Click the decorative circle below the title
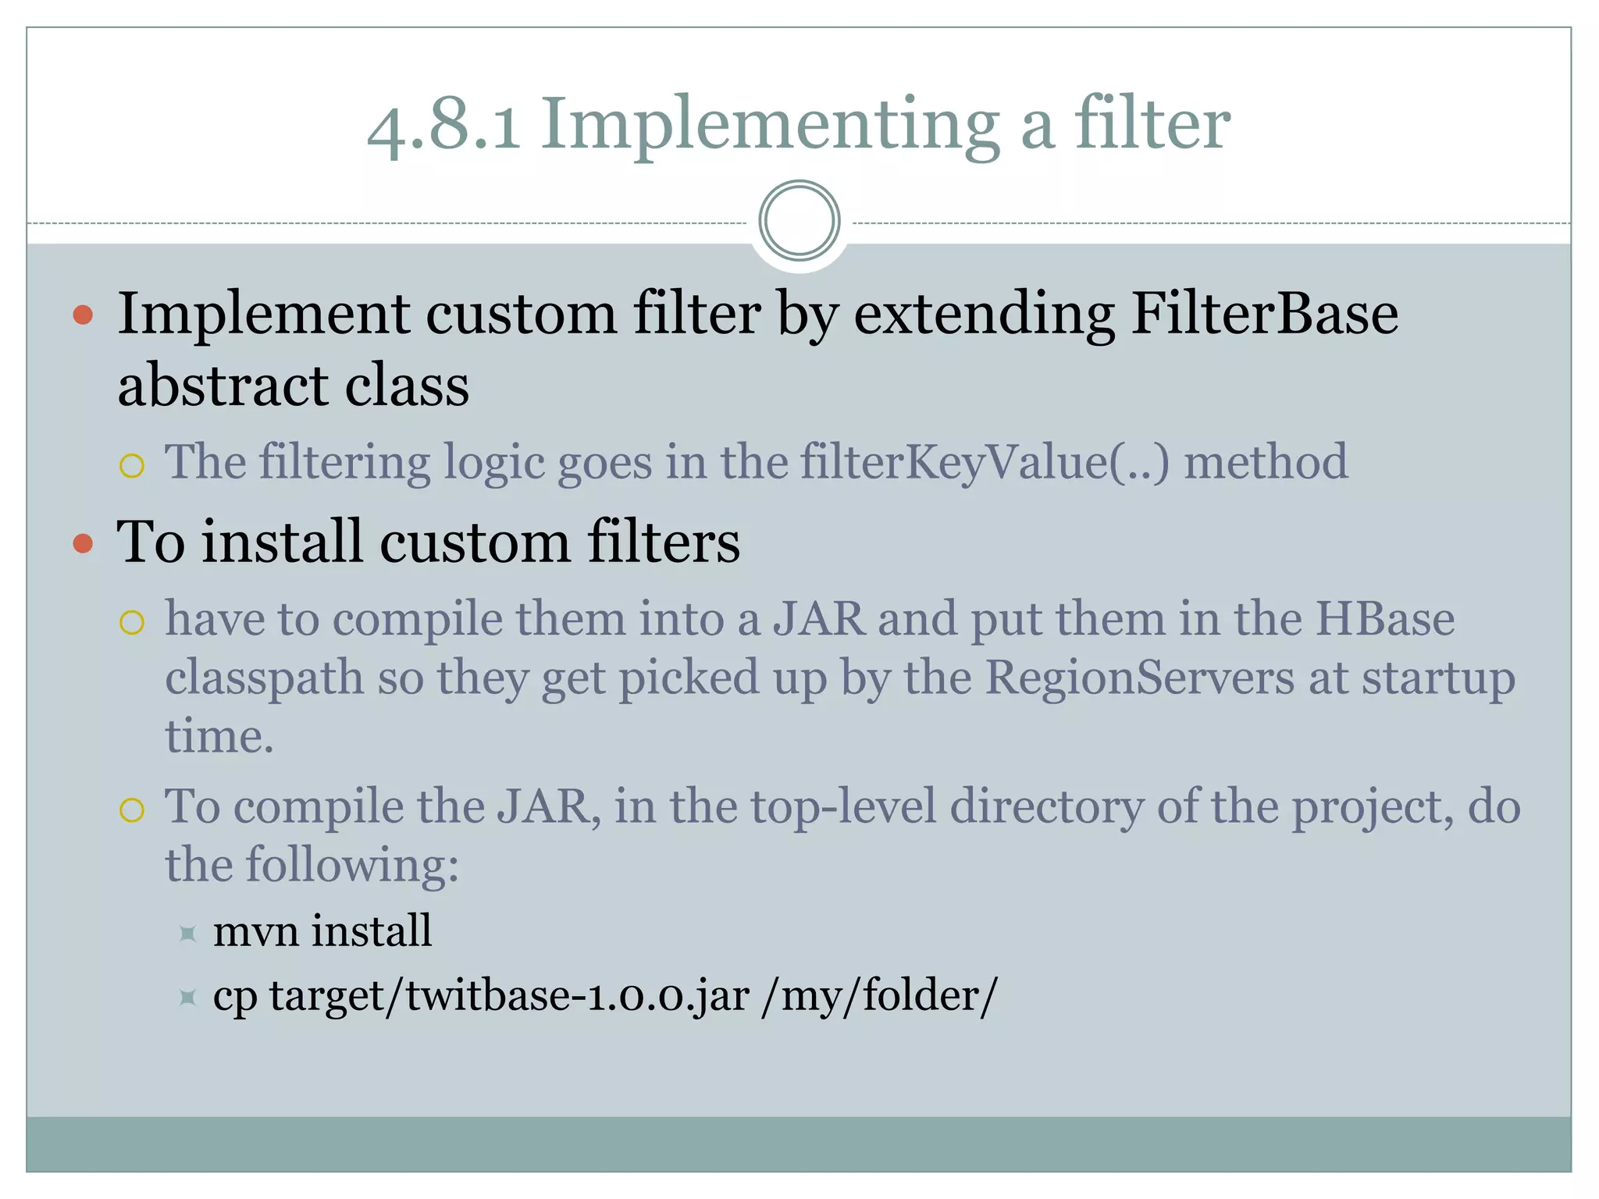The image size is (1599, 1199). [x=799, y=221]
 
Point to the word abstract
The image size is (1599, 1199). [x=222, y=386]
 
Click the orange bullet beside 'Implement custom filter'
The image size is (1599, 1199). [x=83, y=315]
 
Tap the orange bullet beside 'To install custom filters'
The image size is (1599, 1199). [x=83, y=543]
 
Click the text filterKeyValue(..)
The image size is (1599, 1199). [x=985, y=461]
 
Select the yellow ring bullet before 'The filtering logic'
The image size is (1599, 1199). [x=132, y=466]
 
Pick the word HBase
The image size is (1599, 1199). [x=1384, y=619]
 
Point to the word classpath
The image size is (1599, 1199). [x=264, y=678]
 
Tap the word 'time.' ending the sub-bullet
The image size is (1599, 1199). [x=219, y=736]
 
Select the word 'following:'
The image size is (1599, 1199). [x=352, y=865]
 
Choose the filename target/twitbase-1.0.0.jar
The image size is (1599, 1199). [x=509, y=996]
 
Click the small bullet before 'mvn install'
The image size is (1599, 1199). [x=187, y=934]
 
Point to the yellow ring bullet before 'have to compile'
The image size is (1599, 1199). [x=132, y=623]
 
